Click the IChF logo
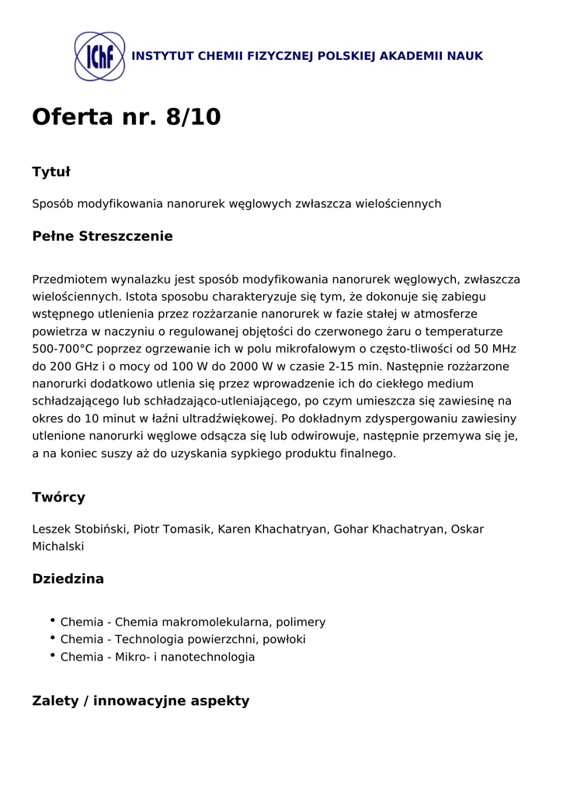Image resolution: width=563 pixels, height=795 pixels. pyautogui.click(x=99, y=57)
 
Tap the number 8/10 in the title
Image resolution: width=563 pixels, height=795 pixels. pyautogui.click(x=193, y=117)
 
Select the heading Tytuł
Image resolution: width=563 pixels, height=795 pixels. pyautogui.click(x=51, y=172)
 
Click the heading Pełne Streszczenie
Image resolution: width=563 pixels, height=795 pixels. pyautogui.click(x=102, y=236)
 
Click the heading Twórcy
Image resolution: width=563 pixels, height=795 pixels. pyautogui.click(x=58, y=497)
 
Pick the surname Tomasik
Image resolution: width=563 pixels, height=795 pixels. pyautogui.click(x=186, y=529)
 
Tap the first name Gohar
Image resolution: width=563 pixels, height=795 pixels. pyautogui.click(x=351, y=529)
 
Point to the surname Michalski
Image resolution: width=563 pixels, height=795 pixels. pyautogui.click(x=57, y=547)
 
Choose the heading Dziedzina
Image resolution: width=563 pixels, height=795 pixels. pyautogui.click(x=68, y=579)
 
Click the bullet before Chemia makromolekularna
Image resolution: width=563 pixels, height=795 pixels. pyautogui.click(x=52, y=621)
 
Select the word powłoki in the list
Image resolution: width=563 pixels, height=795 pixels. pyautogui.click(x=283, y=640)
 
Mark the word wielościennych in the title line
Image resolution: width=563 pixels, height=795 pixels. pyautogui.click(x=398, y=204)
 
